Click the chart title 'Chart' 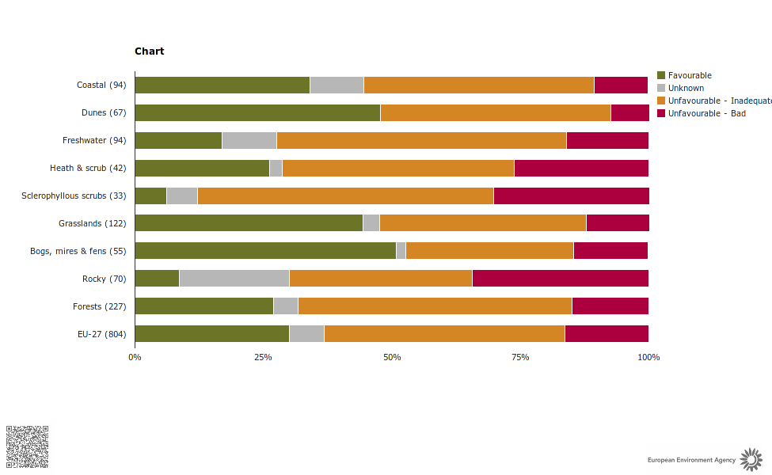coord(149,51)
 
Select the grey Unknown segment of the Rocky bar coord(234,279)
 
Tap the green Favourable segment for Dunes coord(257,113)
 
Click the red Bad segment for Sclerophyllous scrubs coord(571,196)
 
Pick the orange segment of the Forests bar coord(435,306)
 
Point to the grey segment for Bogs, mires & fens coord(401,251)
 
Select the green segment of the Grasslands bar coord(249,223)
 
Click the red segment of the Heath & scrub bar coord(581,169)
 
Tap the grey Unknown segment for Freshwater coord(249,141)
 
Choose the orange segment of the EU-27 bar coord(444,334)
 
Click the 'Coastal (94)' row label coord(101,85)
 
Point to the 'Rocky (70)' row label coord(104,279)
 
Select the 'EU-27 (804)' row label coord(101,334)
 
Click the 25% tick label coord(263,358)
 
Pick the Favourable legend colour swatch coord(661,76)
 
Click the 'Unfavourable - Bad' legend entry coord(706,114)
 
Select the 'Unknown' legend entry coord(686,89)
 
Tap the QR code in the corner coord(28,447)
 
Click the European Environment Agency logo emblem coord(751,459)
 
